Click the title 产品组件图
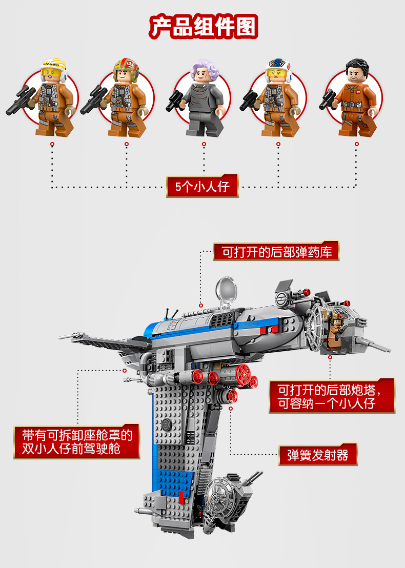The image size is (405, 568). (x=203, y=27)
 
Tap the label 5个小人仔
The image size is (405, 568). (x=202, y=187)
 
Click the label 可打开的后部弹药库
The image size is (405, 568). (x=276, y=252)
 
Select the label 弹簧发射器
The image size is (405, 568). (x=318, y=455)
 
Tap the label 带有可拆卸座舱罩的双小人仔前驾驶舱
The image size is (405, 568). (x=77, y=442)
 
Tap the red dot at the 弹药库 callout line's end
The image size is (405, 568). (x=201, y=306)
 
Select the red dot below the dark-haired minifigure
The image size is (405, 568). (x=356, y=145)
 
